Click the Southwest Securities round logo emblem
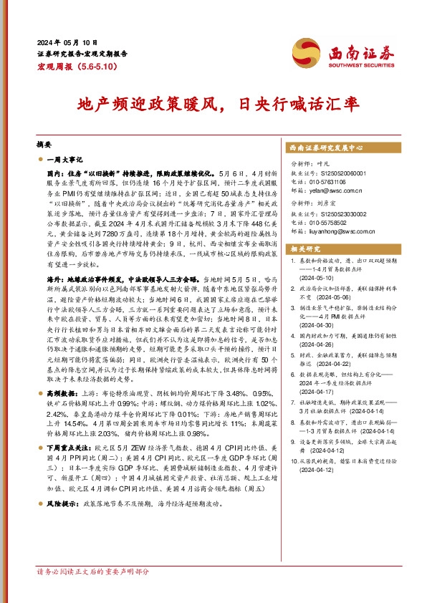(x=310, y=52)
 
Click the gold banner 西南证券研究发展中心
(x=326, y=147)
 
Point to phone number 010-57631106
(x=333, y=182)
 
